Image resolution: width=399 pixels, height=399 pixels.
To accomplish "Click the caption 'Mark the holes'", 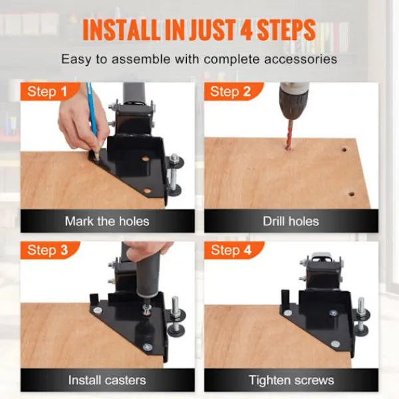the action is pos(107,221).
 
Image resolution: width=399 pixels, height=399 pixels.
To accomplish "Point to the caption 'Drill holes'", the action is pos(291,221).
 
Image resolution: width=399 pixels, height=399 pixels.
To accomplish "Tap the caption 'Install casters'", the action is pos(107,380).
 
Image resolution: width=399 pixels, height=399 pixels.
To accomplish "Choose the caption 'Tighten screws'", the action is pos(291,380).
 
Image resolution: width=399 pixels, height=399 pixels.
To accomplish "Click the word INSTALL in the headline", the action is pos(122,29).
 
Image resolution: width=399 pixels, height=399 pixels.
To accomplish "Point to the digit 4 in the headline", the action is pos(246,29).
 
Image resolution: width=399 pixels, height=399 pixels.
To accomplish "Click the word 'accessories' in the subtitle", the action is pos(301,59).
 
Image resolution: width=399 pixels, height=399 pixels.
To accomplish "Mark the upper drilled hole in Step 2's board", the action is pos(344,150).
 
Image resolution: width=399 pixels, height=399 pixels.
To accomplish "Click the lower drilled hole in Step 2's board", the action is pos(351,194).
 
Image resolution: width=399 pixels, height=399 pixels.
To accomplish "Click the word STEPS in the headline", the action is pos(286,29).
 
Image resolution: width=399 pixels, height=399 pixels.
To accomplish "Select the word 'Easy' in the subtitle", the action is pos(76,60).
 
